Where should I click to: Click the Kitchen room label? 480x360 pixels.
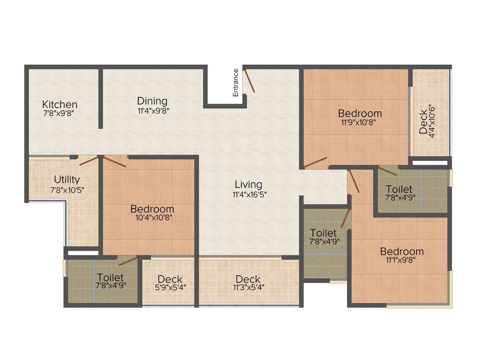click(60, 104)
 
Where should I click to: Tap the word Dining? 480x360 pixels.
click(152, 101)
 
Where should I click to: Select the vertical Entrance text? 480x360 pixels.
click(236, 82)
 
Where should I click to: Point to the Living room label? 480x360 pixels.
click(248, 184)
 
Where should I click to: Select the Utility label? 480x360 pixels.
click(67, 179)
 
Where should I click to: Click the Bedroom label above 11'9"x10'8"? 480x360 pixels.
click(360, 113)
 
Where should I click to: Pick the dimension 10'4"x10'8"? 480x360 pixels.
click(152, 217)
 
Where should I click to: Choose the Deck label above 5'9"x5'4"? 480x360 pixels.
click(170, 280)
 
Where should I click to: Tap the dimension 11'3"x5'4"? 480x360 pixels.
click(248, 288)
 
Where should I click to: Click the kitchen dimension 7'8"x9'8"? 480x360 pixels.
click(60, 113)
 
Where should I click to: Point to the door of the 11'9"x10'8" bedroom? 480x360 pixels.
click(315, 163)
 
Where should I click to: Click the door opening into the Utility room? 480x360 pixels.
click(89, 161)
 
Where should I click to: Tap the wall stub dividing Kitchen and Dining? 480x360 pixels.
click(100, 98)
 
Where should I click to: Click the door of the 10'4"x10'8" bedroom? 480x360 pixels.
click(115, 162)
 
